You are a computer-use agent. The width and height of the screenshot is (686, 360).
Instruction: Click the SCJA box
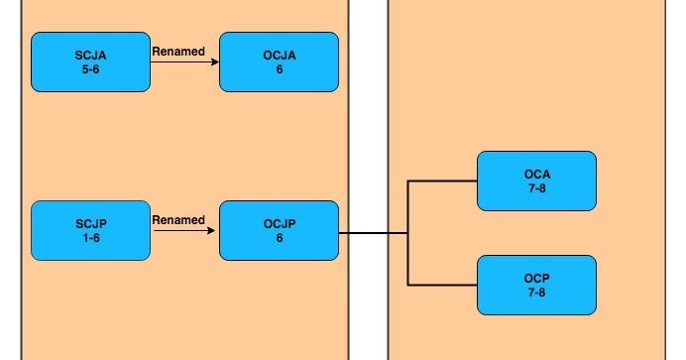point(91,61)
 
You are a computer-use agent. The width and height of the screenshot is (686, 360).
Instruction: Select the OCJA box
point(279,61)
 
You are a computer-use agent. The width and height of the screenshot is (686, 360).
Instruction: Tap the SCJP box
point(91,231)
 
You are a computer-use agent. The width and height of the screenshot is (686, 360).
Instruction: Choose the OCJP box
point(279,231)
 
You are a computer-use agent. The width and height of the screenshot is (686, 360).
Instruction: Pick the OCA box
point(536,180)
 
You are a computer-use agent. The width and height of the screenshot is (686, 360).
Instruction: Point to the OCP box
point(536,285)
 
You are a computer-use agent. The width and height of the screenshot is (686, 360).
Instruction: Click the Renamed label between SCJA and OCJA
point(178,50)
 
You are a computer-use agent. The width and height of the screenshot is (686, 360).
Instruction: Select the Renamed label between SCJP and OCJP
point(178,219)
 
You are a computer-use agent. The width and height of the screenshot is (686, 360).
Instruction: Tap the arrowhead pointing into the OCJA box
point(214,62)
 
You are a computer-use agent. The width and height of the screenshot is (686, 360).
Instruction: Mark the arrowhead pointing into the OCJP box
point(214,232)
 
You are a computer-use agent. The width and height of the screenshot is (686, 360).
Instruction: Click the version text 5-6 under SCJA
point(91,69)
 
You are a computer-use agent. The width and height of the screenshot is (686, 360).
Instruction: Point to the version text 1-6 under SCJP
point(91,239)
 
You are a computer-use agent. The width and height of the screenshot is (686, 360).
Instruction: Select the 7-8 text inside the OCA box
point(536,188)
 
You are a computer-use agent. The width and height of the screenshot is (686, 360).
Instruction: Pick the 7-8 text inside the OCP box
point(536,293)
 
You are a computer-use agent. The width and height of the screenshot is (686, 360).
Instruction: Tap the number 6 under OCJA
point(279,69)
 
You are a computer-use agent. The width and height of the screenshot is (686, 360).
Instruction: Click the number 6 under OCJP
point(279,239)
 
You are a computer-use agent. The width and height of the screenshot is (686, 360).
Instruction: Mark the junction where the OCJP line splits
point(408,234)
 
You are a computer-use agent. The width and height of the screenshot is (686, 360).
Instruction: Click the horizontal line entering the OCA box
point(443,181)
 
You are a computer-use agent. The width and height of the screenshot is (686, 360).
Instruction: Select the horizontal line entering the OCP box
point(443,286)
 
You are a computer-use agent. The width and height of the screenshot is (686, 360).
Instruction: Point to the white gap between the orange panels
point(368,179)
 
